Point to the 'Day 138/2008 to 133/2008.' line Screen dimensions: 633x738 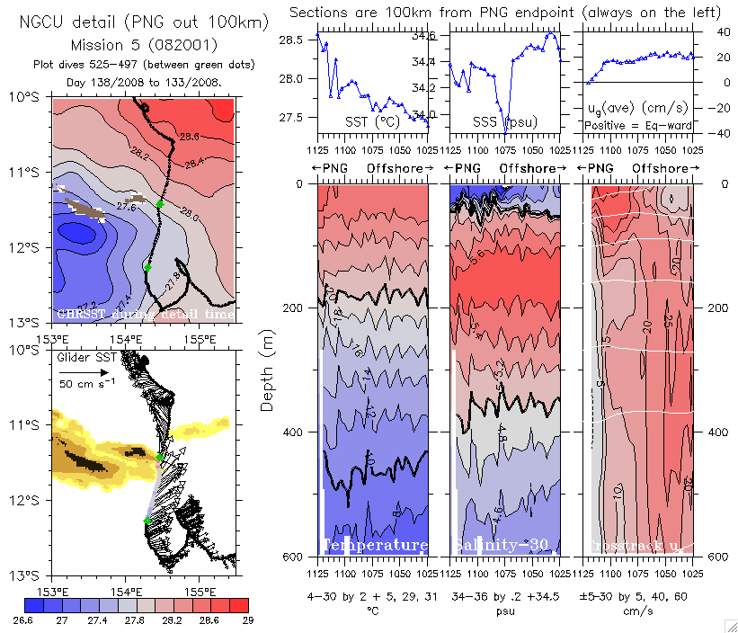(x=144, y=82)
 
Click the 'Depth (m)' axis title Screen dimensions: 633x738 (x=267, y=369)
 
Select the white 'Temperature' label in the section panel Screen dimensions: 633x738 (x=375, y=546)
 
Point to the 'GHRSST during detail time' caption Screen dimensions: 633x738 (x=144, y=314)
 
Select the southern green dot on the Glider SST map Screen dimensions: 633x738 (x=147, y=521)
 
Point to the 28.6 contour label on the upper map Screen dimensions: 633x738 (x=189, y=137)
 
